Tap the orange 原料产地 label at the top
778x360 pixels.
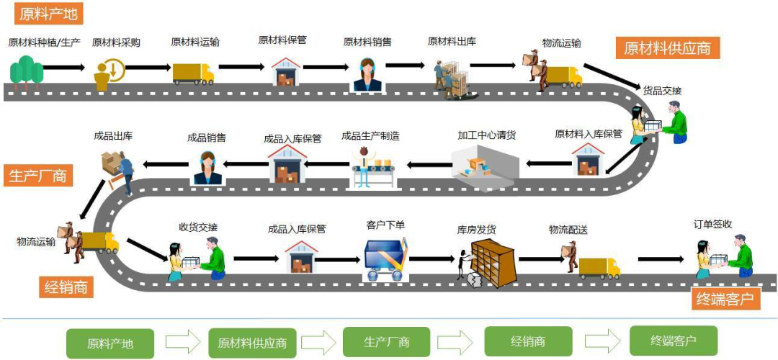click(x=48, y=13)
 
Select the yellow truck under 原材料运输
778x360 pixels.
click(x=193, y=73)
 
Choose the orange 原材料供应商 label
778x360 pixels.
click(x=667, y=48)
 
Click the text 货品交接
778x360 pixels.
click(x=662, y=91)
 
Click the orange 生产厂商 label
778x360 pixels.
click(x=37, y=175)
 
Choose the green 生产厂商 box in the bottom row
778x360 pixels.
click(x=386, y=342)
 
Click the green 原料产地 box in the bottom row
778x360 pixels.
click(x=110, y=343)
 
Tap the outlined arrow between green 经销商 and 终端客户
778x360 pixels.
click(x=602, y=341)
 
